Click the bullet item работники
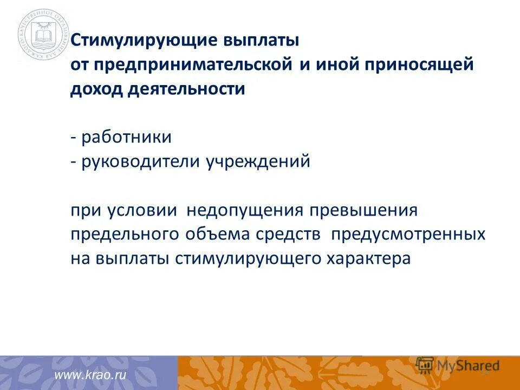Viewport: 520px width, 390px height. coord(126,137)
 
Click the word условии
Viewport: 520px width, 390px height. coord(141,210)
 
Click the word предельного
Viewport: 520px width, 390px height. coord(124,234)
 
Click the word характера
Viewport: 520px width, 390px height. coord(368,258)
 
